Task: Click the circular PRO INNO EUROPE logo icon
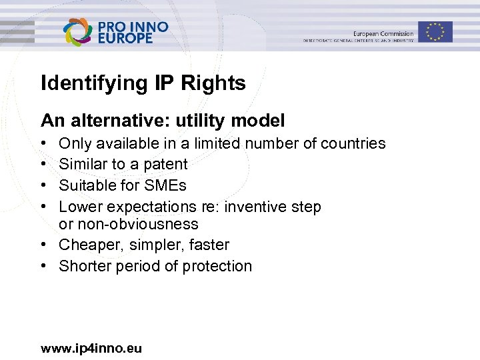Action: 78,32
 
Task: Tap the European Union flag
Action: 435,31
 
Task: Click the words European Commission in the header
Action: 383,33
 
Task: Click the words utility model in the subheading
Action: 239,121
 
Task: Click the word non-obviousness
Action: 138,224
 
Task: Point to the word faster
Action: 209,245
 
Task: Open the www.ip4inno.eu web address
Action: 91,348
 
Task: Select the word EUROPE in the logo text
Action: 125,39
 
